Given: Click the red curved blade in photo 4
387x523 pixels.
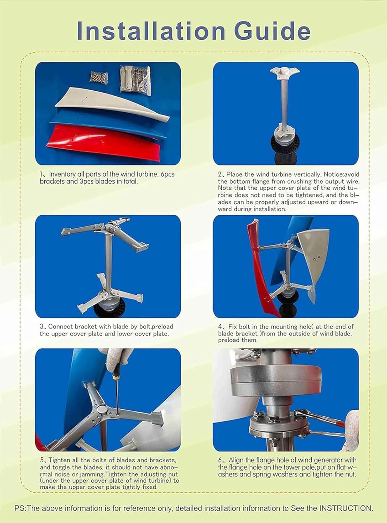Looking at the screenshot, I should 260,265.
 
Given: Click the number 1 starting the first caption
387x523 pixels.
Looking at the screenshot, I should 41,174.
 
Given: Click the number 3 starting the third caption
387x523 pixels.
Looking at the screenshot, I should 41,327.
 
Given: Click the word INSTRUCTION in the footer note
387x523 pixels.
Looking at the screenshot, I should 346,508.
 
